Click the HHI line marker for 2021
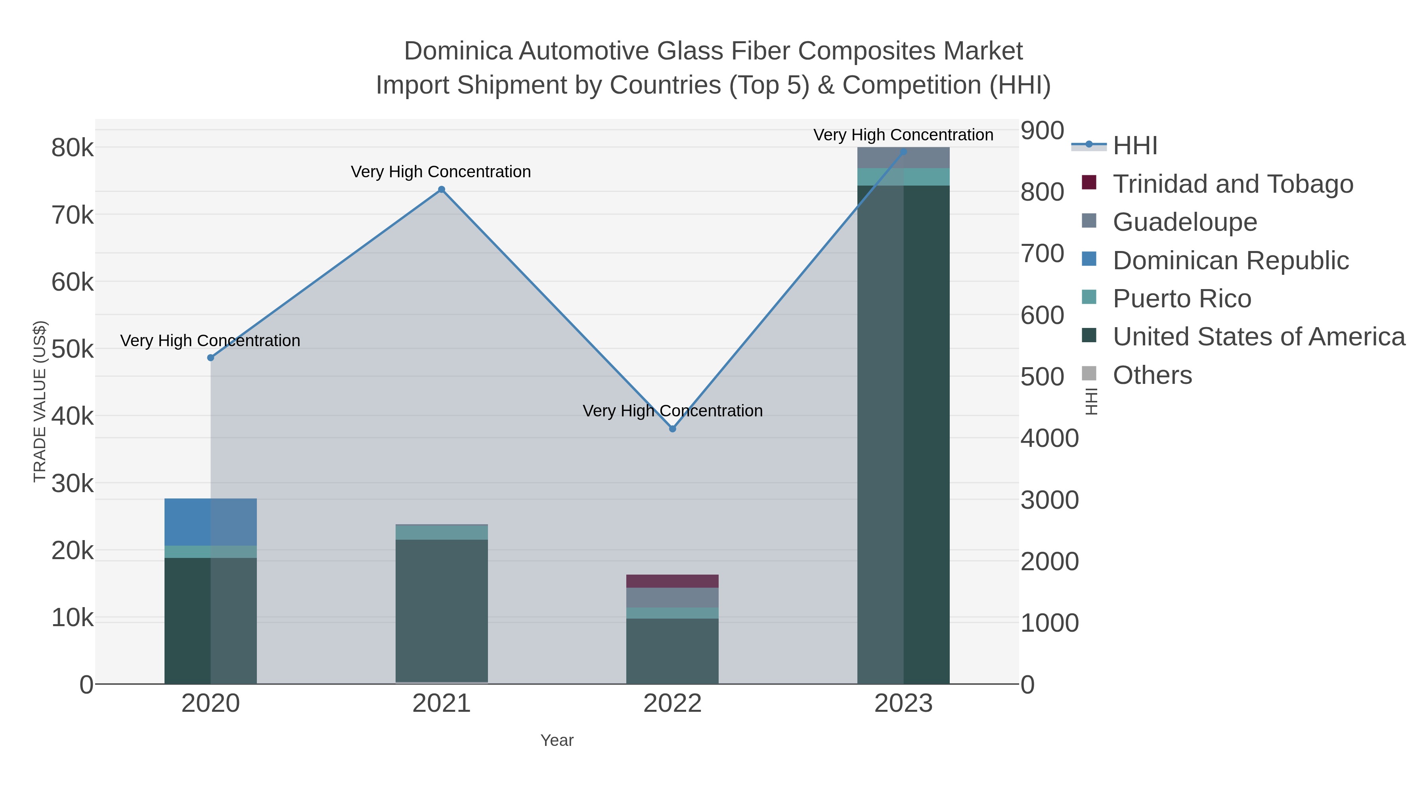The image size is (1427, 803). [x=442, y=190]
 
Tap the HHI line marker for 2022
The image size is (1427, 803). [x=673, y=428]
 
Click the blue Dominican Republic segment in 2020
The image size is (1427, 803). [x=210, y=522]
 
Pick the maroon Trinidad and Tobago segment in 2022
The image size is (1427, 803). [x=673, y=581]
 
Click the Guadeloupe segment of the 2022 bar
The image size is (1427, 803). [x=673, y=598]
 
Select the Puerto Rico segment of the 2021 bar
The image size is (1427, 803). [x=442, y=533]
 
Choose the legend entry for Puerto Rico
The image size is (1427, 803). [x=1182, y=299]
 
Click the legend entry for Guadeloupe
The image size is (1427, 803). [x=1184, y=222]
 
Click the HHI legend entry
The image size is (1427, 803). [x=1134, y=146]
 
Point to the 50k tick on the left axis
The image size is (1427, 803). [x=73, y=350]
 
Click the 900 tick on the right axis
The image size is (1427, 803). [x=1043, y=131]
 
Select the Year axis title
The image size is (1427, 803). [x=557, y=740]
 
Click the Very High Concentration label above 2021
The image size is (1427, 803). [x=441, y=172]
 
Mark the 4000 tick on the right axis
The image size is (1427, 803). [x=1049, y=438]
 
